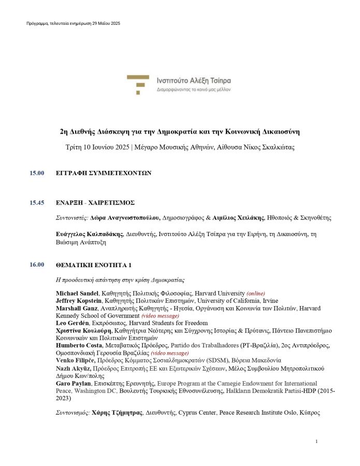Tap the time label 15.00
37,173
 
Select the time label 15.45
37,202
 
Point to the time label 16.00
37,265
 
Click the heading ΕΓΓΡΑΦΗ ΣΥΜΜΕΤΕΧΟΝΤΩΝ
103,173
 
